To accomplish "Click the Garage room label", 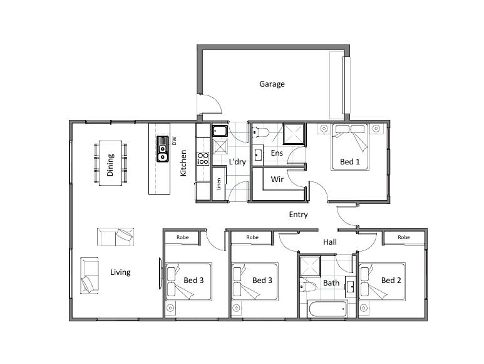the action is [x=272, y=84].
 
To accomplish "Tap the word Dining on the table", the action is [x=110, y=165].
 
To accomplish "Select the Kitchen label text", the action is [x=183, y=163].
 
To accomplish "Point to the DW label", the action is [x=175, y=141].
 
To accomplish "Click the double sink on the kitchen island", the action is [x=162, y=149].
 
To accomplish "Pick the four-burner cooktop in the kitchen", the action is [x=203, y=158].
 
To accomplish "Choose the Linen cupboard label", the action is [x=219, y=184].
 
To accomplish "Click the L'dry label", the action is [x=237, y=162].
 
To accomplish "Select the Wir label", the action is [x=277, y=179].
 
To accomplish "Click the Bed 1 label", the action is [x=350, y=161].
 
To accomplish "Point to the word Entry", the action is [x=298, y=215].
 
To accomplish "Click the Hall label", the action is [x=330, y=242].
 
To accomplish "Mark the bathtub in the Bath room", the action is [x=328, y=309].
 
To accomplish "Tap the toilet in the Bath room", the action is [x=308, y=287].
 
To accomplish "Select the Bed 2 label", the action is [x=391, y=280].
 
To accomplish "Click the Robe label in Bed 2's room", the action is [x=403, y=237].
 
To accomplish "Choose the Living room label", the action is [x=120, y=272].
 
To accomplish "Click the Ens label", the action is [x=277, y=153].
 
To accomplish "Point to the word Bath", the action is [x=331, y=282].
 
